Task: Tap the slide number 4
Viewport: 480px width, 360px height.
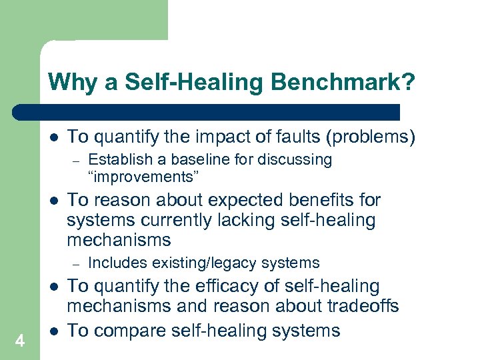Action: point(20,341)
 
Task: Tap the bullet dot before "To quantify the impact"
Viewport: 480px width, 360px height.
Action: point(53,138)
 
